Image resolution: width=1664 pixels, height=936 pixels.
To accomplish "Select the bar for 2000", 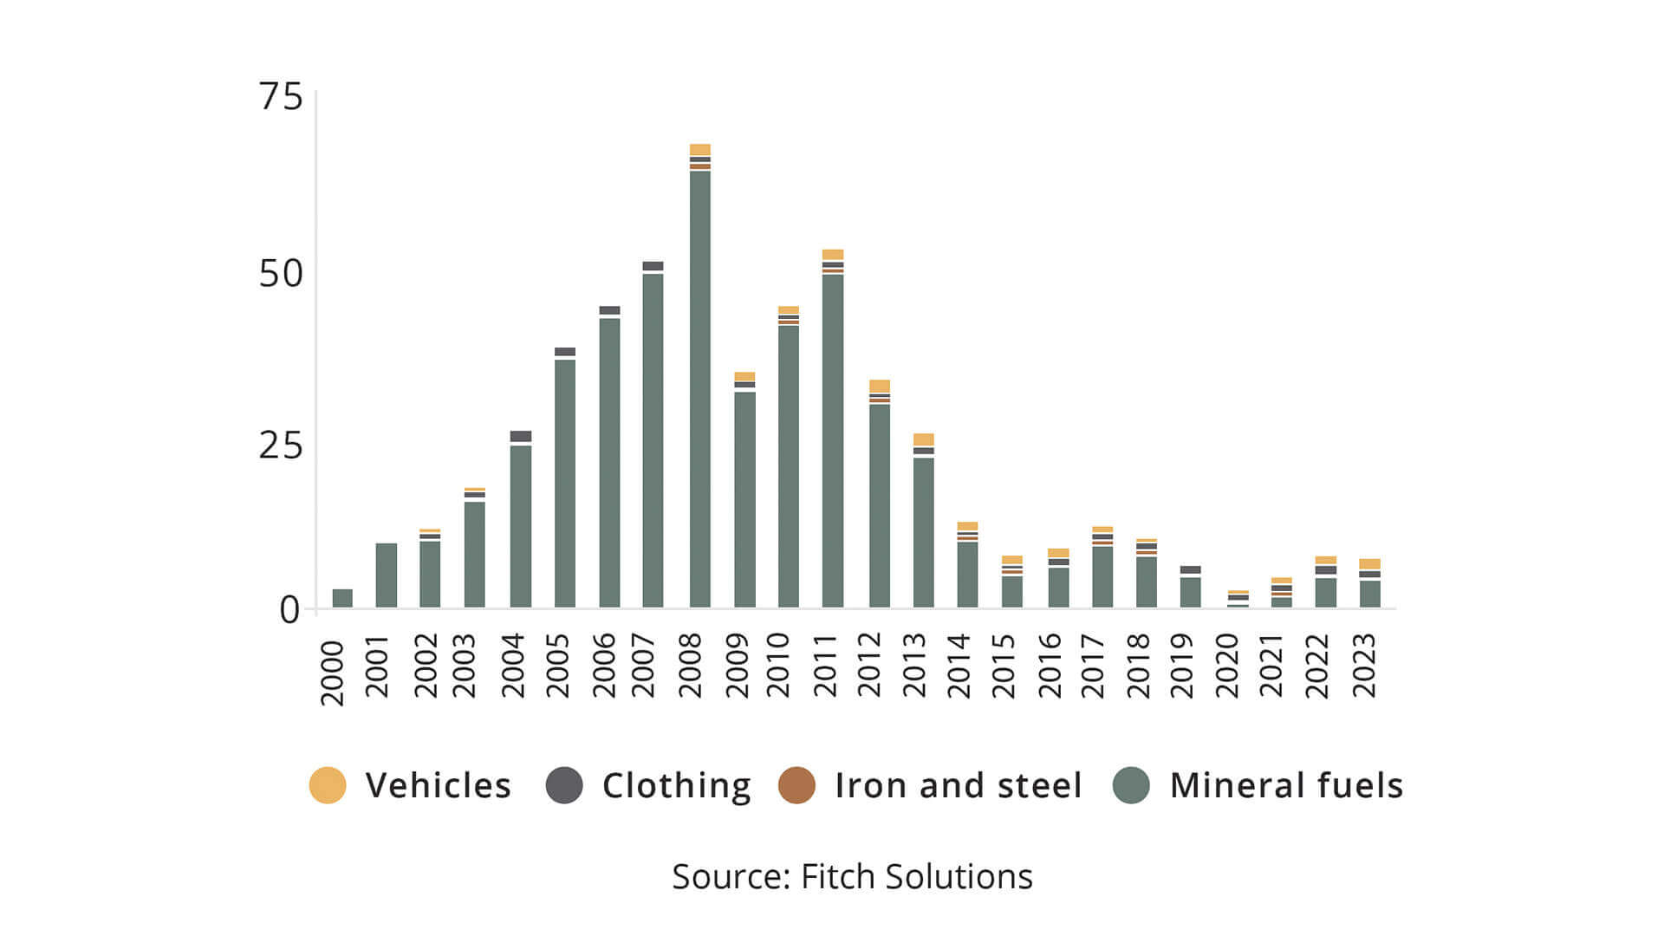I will pos(342,598).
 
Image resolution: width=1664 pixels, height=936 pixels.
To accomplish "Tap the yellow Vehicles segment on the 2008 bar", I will pos(699,149).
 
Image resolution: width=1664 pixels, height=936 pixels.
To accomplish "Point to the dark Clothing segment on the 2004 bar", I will pos(521,436).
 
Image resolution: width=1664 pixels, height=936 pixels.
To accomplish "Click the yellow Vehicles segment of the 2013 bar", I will pos(923,439).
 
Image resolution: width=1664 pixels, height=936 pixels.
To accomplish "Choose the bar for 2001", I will pos(386,575).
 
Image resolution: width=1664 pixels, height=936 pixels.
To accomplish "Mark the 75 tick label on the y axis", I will pos(281,96).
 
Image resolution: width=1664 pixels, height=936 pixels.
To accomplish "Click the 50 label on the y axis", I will pos(281,274).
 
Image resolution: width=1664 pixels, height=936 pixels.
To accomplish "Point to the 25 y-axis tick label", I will pos(281,445).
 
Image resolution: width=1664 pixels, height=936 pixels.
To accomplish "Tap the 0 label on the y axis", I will pos(289,610).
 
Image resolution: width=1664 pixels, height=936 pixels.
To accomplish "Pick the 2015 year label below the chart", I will pos(1003,666).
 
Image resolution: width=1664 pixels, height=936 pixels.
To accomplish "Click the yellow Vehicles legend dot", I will pos(328,785).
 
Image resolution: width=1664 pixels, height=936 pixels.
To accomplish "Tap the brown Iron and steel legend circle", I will pos(796,785).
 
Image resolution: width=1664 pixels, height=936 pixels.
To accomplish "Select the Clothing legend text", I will pos(676,785).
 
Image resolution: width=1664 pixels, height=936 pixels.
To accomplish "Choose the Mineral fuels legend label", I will pos(1285,785).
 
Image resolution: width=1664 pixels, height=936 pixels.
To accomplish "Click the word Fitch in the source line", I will pos(838,877).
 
